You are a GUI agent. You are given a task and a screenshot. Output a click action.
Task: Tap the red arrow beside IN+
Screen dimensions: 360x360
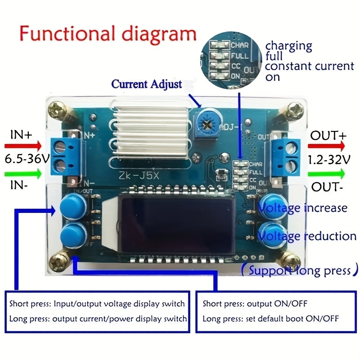[x=22, y=146]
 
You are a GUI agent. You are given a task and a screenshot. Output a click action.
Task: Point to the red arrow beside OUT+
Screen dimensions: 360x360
[x=327, y=146]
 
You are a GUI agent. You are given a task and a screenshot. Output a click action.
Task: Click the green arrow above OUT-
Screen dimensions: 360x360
[x=327, y=173]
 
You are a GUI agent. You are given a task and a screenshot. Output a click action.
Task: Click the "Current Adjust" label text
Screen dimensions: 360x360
[x=147, y=84]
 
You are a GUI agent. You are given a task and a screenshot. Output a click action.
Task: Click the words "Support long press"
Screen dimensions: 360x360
[x=299, y=270]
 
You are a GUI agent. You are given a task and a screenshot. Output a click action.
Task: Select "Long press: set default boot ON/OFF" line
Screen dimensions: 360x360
[x=270, y=319]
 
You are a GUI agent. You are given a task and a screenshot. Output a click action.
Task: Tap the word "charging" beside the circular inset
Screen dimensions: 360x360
[x=288, y=45]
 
